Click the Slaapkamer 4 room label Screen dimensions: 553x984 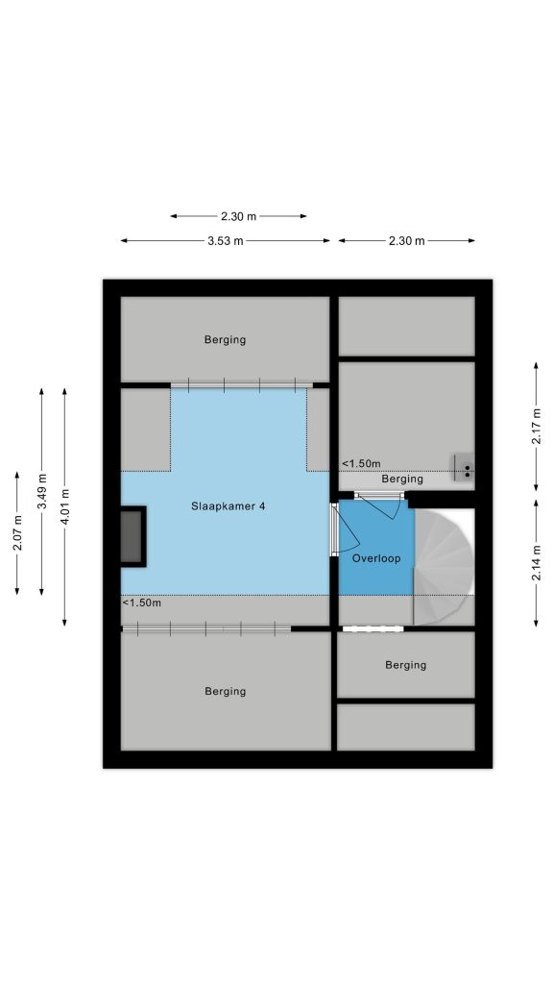point(228,505)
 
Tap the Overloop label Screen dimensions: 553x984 point(375,558)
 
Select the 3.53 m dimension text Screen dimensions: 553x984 point(225,241)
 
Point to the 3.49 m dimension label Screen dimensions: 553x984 point(41,491)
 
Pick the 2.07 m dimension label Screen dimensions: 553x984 point(17,532)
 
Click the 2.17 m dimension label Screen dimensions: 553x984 point(536,426)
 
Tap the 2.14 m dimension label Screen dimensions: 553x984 point(536,563)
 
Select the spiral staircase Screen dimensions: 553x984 point(444,567)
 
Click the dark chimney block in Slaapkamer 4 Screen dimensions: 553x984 point(133,536)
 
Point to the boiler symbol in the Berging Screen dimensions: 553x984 point(465,467)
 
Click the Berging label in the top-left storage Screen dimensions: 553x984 point(225,340)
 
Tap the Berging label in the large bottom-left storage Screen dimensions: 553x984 point(225,692)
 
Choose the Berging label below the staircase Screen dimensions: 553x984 point(406,665)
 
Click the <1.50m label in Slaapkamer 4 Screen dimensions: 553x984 point(142,603)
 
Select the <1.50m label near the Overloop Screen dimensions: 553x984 point(361,464)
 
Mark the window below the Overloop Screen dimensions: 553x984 point(373,628)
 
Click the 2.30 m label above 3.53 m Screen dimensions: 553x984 point(238,216)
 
